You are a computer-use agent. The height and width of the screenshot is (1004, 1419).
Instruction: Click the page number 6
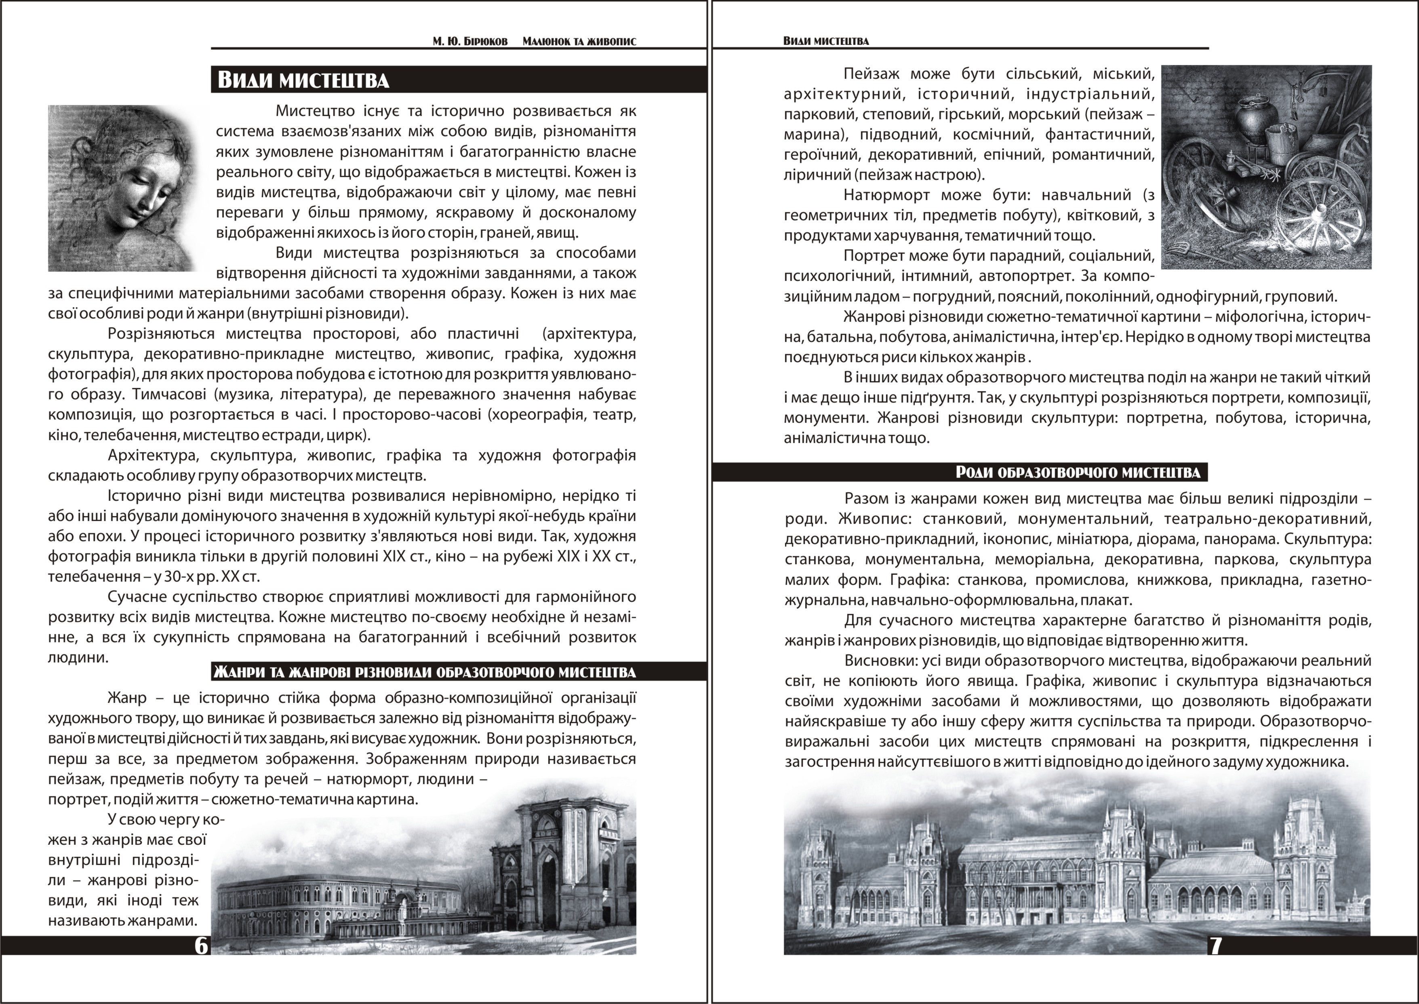pyautogui.click(x=202, y=946)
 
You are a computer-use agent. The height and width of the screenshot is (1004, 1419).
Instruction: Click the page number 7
pyautogui.click(x=1215, y=946)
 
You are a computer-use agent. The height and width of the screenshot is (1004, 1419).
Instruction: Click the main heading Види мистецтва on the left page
pyautogui.click(x=303, y=80)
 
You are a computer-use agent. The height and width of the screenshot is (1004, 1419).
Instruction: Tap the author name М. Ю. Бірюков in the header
pyautogui.click(x=470, y=41)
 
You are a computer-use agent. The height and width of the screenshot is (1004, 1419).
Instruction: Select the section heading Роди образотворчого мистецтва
pyautogui.click(x=1078, y=473)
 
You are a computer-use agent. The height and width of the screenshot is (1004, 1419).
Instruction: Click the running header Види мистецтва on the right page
pyautogui.click(x=826, y=41)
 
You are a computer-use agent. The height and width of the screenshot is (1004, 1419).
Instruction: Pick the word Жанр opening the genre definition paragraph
pyautogui.click(x=127, y=698)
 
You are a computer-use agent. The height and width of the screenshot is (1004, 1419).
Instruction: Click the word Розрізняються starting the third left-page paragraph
pyautogui.click(x=161, y=334)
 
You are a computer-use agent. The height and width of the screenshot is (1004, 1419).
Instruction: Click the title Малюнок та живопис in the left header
pyautogui.click(x=579, y=41)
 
